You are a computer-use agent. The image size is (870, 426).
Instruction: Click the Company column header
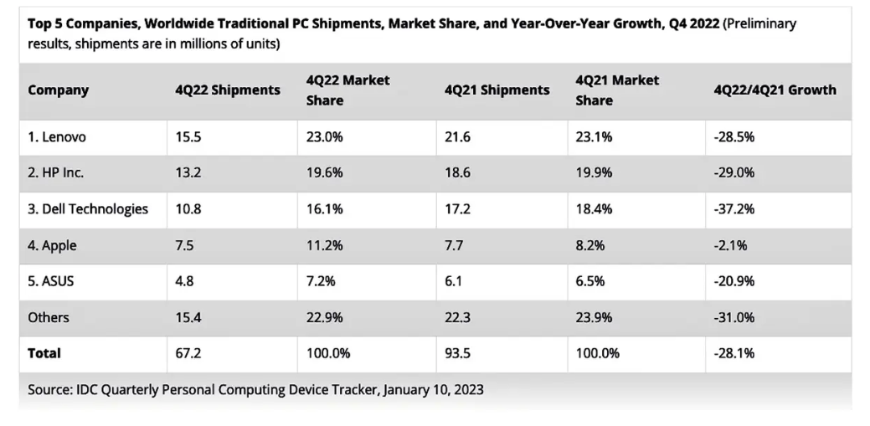point(59,90)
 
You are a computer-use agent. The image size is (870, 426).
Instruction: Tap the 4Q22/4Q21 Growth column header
point(775,90)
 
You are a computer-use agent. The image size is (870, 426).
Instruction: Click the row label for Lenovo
point(58,137)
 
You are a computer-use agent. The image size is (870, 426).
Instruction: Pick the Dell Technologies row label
point(88,209)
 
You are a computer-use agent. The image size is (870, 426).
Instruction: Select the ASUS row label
point(51,281)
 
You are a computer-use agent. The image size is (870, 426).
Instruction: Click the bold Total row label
point(44,353)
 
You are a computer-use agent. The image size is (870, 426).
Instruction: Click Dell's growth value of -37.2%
point(734,209)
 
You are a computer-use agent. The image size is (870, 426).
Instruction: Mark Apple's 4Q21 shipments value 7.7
point(454,245)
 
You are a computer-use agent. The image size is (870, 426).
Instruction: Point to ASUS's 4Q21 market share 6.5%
point(591,281)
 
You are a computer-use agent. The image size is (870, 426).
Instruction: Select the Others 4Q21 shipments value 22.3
point(457,317)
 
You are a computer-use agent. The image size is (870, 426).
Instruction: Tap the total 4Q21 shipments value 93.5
point(457,353)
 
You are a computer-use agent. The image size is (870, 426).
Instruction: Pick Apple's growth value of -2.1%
point(731,245)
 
